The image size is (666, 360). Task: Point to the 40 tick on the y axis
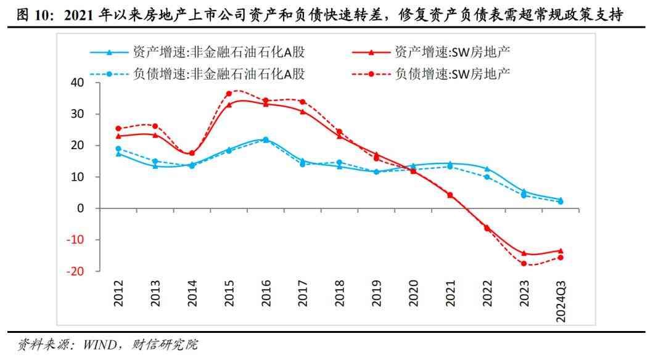tap(77, 83)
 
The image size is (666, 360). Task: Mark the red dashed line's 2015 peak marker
tap(229, 94)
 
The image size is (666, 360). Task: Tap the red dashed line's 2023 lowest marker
tap(524, 263)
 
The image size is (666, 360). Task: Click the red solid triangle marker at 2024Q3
tap(560, 250)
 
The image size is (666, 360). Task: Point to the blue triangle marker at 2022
tap(487, 169)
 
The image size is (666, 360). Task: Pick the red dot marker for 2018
tap(339, 131)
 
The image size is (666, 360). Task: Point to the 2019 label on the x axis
tap(376, 293)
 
